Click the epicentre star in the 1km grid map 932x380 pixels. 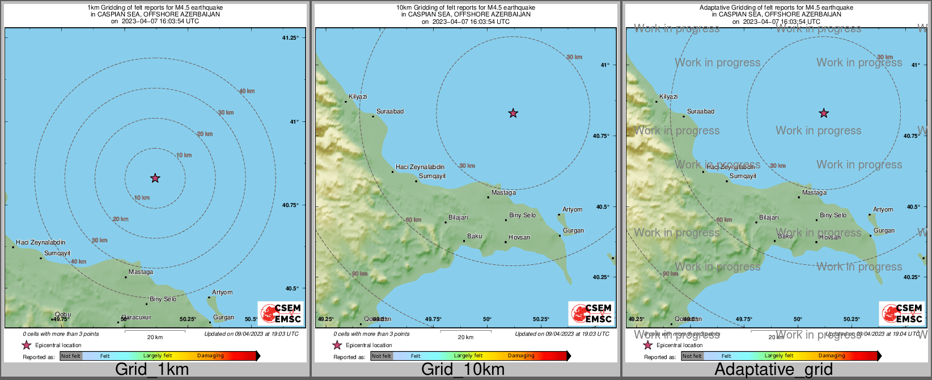tap(155, 178)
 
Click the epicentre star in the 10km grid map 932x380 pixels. tap(513, 113)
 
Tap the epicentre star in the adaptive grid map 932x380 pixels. tap(824, 113)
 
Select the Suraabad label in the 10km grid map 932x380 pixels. tap(390, 112)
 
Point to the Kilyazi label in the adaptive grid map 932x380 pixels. tap(668, 97)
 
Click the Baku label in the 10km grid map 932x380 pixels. tap(475, 237)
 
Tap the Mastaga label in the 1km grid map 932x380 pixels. tap(141, 272)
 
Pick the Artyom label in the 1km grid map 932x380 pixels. tap(222, 293)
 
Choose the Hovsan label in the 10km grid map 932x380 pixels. tap(519, 238)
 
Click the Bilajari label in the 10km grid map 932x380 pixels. tap(458, 218)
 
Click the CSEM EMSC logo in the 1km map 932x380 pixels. tap(281, 314)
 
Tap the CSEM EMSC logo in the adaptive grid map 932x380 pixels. tap(902, 314)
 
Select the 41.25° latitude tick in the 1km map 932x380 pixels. tap(290, 38)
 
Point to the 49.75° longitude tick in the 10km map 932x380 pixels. tap(433, 319)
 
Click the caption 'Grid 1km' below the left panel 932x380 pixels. tap(152, 370)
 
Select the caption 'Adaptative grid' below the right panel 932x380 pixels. tap(773, 370)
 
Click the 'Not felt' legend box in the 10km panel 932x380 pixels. tap(382, 356)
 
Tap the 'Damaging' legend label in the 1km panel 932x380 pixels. tap(210, 356)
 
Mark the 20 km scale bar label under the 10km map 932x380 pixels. tap(465, 337)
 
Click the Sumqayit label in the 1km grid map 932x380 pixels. tap(57, 254)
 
